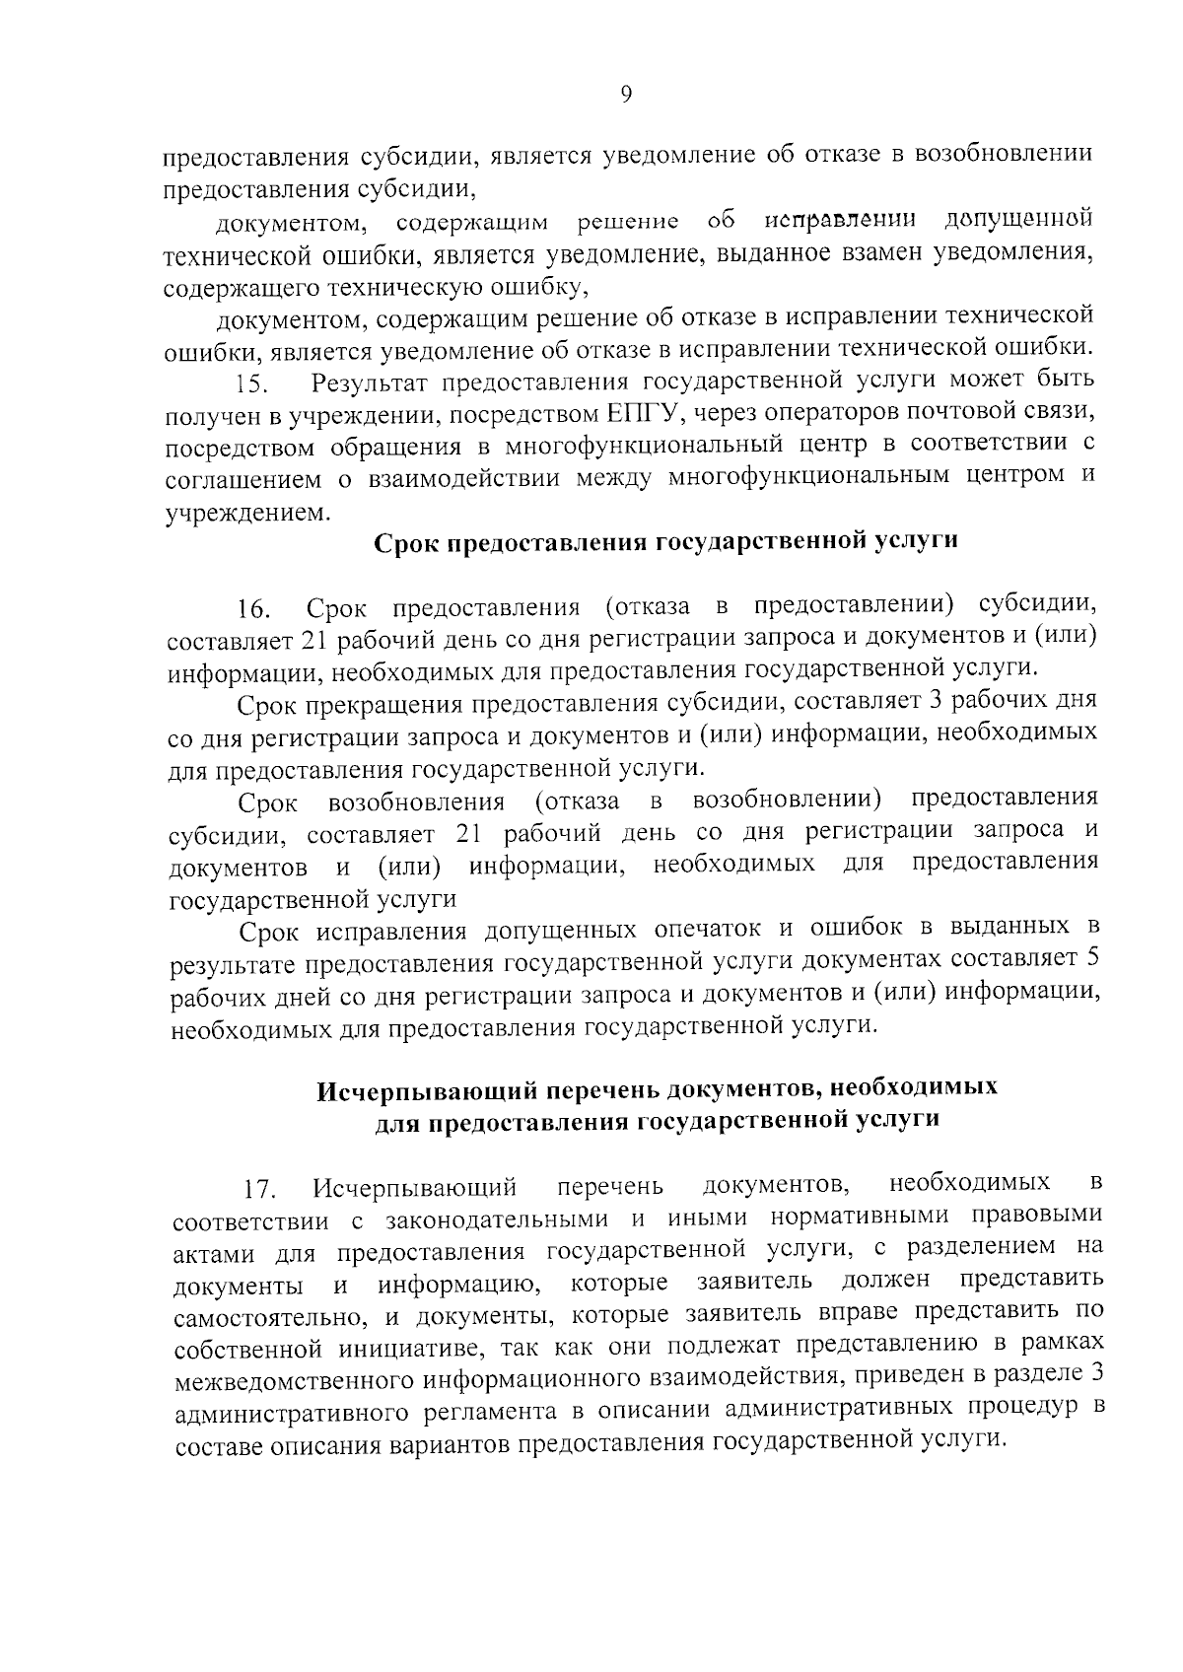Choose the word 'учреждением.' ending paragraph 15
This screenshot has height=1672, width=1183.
click(243, 512)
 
